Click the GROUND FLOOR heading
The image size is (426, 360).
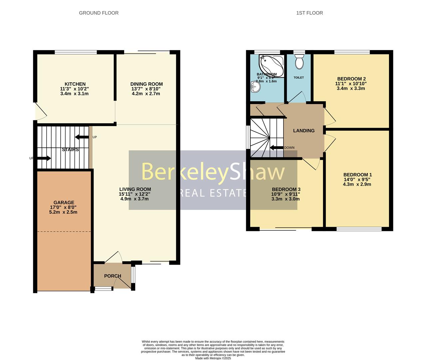click(x=99, y=13)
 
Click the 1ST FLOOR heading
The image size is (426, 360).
click(x=309, y=13)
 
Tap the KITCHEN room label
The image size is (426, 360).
click(x=75, y=84)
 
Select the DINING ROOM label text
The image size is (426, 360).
click(x=147, y=84)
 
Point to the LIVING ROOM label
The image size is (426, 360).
click(x=135, y=189)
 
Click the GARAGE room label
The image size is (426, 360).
click(x=64, y=202)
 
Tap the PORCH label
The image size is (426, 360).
click(x=113, y=276)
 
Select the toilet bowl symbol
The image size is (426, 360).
click(x=299, y=62)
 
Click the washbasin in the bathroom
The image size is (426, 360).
click(x=255, y=87)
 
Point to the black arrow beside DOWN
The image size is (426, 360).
click(x=276, y=148)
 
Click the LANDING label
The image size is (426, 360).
click(x=304, y=131)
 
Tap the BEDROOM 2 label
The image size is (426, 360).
click(x=351, y=79)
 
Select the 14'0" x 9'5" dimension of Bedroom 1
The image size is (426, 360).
click(x=357, y=179)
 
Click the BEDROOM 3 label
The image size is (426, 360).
click(x=286, y=189)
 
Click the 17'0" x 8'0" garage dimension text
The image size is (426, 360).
click(x=63, y=207)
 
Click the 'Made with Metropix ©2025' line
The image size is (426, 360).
click(x=213, y=358)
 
